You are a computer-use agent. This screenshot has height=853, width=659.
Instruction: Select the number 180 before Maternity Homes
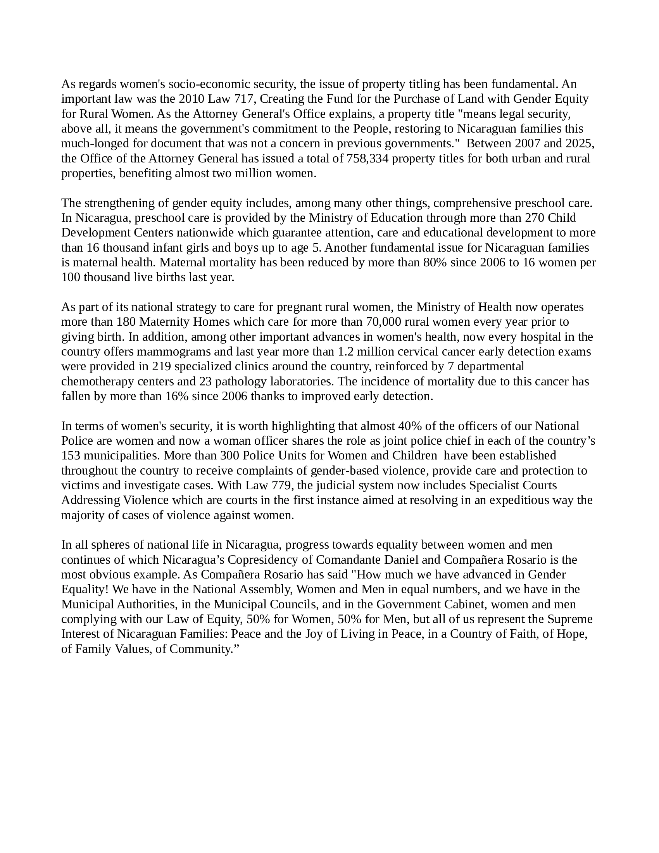click(126, 322)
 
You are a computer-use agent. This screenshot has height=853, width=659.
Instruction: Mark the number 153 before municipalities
click(71, 456)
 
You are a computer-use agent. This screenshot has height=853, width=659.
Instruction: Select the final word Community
click(202, 649)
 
